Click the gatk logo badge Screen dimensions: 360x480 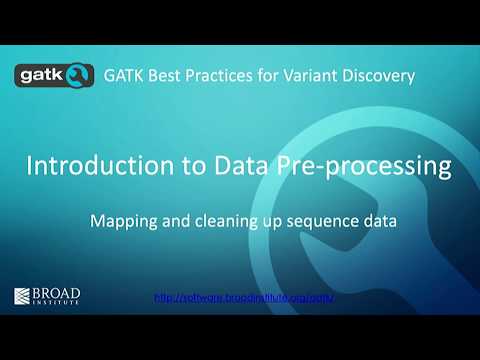(56, 75)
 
